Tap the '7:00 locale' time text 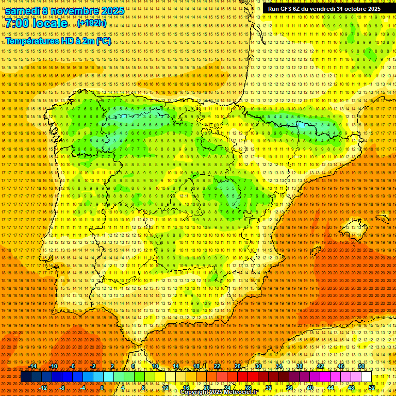click(x=36, y=24)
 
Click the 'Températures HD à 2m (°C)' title click(x=58, y=41)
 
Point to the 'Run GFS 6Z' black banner click(x=324, y=9)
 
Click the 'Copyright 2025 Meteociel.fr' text click(x=219, y=392)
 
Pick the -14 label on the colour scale click(x=34, y=366)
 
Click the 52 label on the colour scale click(x=372, y=388)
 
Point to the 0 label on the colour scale click(x=102, y=388)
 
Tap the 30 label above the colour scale click(x=258, y=366)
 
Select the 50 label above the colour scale click(x=361, y=366)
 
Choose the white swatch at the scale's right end click(x=366, y=377)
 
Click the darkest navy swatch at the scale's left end click(x=26, y=377)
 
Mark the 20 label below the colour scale click(x=206, y=388)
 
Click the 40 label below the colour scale click(x=309, y=388)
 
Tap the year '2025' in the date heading click(x=112, y=11)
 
